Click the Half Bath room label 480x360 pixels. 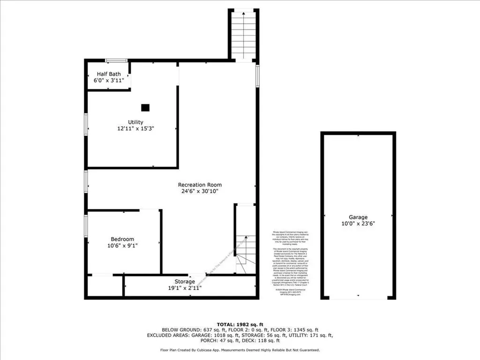pyautogui.click(x=109, y=74)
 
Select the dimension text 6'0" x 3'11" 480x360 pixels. pyautogui.click(x=109, y=81)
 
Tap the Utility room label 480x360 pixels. pyautogui.click(x=135, y=122)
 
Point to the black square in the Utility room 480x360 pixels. pyautogui.click(x=145, y=107)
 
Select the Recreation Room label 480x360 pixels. pyautogui.click(x=200, y=185)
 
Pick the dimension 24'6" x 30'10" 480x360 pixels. pyautogui.click(x=200, y=191)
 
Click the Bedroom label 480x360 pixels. pyautogui.click(x=122, y=239)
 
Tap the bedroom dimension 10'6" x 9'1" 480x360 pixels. pyautogui.click(x=122, y=245)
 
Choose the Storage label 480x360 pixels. pyautogui.click(x=185, y=282)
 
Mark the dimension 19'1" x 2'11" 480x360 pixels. pyautogui.click(x=185, y=288)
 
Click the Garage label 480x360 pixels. pyautogui.click(x=358, y=217)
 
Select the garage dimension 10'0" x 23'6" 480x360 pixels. pyautogui.click(x=358, y=224)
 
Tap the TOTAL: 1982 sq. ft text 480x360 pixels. pyautogui.click(x=240, y=324)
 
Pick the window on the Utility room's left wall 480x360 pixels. pyautogui.click(x=86, y=125)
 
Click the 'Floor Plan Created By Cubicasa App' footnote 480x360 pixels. pyautogui.click(x=240, y=350)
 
